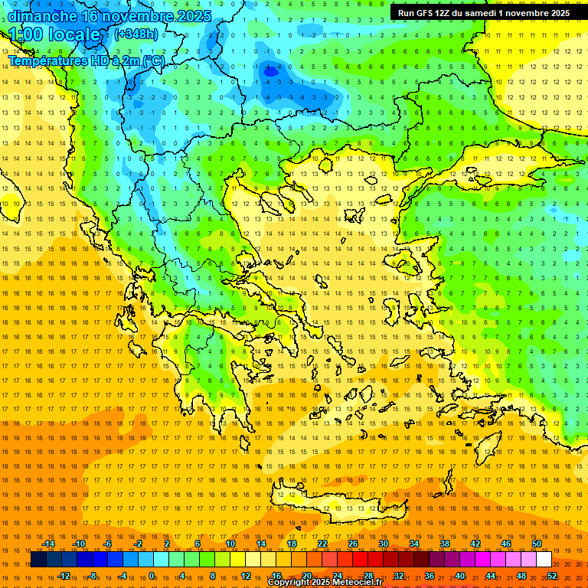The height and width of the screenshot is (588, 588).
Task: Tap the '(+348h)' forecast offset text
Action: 136,34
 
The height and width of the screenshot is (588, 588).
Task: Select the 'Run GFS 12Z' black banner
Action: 483,13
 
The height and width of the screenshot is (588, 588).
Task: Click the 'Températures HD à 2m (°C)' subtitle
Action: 86,60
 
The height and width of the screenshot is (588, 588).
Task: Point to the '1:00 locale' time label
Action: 54,34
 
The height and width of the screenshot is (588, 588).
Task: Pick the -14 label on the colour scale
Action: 47,544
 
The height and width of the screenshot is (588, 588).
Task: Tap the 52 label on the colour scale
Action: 551,576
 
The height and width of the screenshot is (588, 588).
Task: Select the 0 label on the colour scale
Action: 152,576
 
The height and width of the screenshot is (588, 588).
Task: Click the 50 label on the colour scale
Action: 536,544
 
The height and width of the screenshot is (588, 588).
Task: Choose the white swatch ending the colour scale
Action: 544,560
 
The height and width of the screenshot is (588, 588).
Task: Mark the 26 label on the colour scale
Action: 353,544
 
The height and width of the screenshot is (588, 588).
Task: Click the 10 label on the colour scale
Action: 230,544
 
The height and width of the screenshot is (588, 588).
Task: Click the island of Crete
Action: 337,501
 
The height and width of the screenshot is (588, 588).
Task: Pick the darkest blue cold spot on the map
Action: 269,71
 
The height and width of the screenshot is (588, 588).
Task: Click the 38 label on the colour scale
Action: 445,544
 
